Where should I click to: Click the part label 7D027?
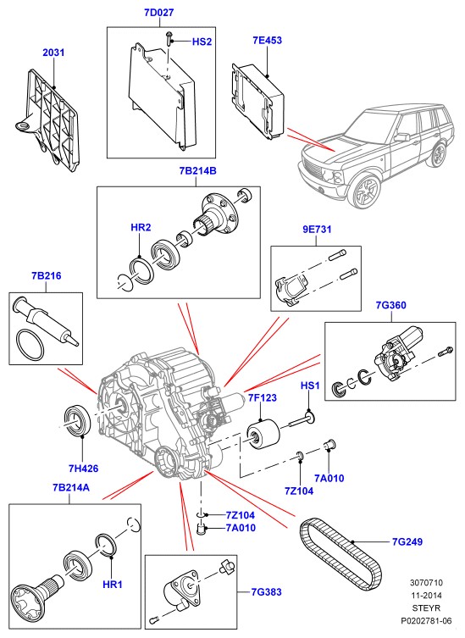pyautogui.click(x=158, y=13)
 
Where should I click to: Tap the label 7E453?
pyautogui.click(x=268, y=41)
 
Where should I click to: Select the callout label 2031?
pyautogui.click(x=53, y=53)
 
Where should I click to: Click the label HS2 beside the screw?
pyautogui.click(x=202, y=42)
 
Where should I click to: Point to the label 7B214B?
pyautogui.click(x=197, y=171)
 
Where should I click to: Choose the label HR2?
pyautogui.click(x=141, y=227)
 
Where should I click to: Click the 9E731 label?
pyautogui.click(x=317, y=230)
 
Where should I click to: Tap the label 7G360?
pyautogui.click(x=391, y=305)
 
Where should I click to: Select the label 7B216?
pyautogui.click(x=47, y=276)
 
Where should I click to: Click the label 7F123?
pyautogui.click(x=262, y=397)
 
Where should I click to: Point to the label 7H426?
pyautogui.click(x=83, y=469)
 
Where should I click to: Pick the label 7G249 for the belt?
pyautogui.click(x=407, y=542)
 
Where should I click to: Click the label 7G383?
pyautogui.click(x=266, y=592)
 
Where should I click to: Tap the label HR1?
pyautogui.click(x=113, y=585)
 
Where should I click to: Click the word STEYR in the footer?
pyautogui.click(x=426, y=608)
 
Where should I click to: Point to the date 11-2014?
pyautogui.click(x=426, y=596)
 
